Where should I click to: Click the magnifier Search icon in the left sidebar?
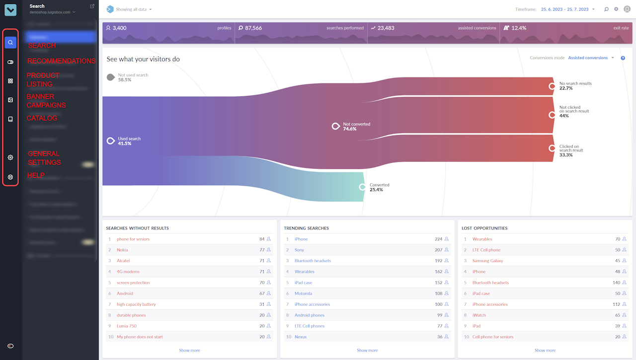(10, 43)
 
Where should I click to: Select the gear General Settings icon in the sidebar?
(10, 157)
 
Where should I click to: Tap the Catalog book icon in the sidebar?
(10, 119)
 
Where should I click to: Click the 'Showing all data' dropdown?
(134, 9)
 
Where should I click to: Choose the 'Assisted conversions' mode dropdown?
(590, 58)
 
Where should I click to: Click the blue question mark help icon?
(623, 58)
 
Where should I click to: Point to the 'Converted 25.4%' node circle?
(362, 187)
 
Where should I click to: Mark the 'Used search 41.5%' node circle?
(111, 141)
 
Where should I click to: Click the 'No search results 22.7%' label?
(575, 86)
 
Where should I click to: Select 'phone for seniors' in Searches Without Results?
(133, 239)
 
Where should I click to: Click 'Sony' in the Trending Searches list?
(299, 250)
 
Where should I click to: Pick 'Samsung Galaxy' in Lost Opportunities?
(487, 261)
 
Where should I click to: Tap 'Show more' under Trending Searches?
(367, 351)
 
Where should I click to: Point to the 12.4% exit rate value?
(519, 28)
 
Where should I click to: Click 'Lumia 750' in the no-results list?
(127, 326)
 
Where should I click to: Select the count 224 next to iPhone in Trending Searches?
(438, 239)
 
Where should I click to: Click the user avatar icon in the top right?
(627, 9)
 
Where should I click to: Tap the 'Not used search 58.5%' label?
(133, 77)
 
